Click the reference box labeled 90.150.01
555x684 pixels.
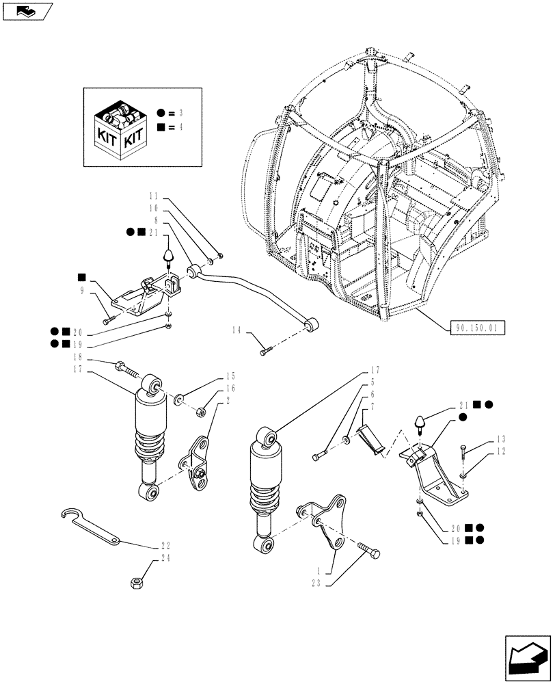[x=477, y=328]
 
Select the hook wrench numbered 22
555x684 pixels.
[x=89, y=527]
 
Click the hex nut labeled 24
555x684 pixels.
[x=135, y=583]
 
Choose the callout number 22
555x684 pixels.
[x=165, y=546]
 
